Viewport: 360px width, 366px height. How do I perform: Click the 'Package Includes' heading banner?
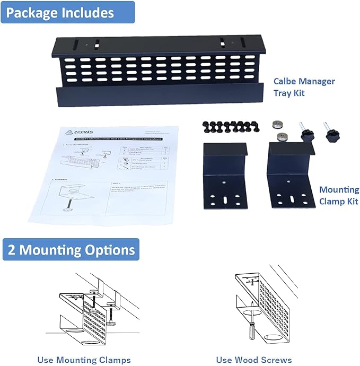coord(67,12)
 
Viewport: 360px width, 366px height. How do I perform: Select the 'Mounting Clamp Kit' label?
coord(339,195)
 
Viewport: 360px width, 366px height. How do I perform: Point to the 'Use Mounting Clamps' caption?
coord(84,360)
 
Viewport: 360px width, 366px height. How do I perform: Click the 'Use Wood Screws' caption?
coord(254,360)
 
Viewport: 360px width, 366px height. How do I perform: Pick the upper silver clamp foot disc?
coord(276,124)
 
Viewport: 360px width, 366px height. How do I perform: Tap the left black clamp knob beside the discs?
coord(305,134)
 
